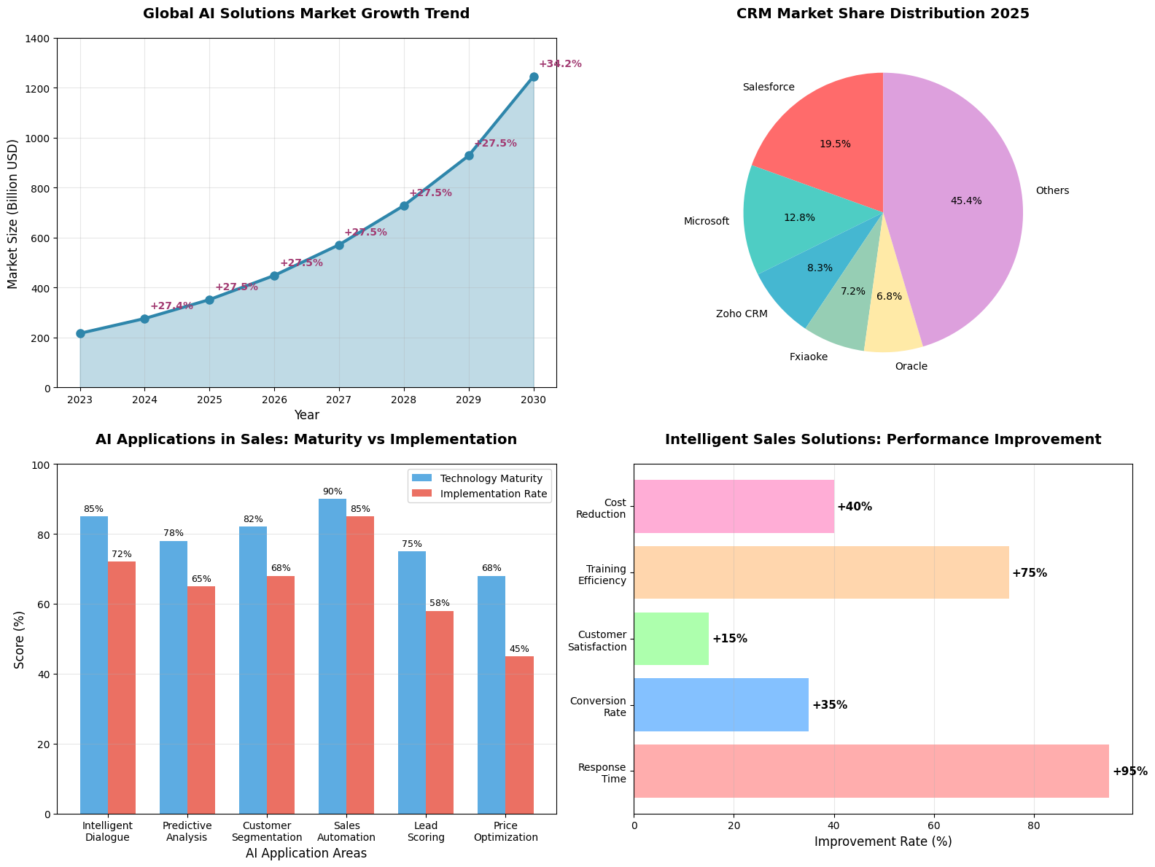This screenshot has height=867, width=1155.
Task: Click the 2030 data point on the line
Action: [x=534, y=77]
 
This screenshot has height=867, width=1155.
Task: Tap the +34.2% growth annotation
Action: [x=560, y=64]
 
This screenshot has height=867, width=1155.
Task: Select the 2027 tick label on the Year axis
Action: [x=339, y=400]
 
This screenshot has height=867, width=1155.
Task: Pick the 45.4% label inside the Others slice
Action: [x=966, y=201]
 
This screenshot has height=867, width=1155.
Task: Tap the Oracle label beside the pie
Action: [x=911, y=366]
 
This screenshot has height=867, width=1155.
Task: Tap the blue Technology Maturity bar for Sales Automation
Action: [x=332, y=656]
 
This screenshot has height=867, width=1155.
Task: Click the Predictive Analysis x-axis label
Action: [x=187, y=831]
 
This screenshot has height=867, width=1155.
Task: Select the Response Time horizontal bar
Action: [x=871, y=771]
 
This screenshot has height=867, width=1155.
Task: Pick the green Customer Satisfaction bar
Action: [x=671, y=639]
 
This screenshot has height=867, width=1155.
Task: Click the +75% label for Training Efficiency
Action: [x=1029, y=573]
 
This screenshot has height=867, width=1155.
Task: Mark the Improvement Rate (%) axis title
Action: [x=883, y=841]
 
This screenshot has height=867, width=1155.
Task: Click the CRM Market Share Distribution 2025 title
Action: [x=883, y=14]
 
